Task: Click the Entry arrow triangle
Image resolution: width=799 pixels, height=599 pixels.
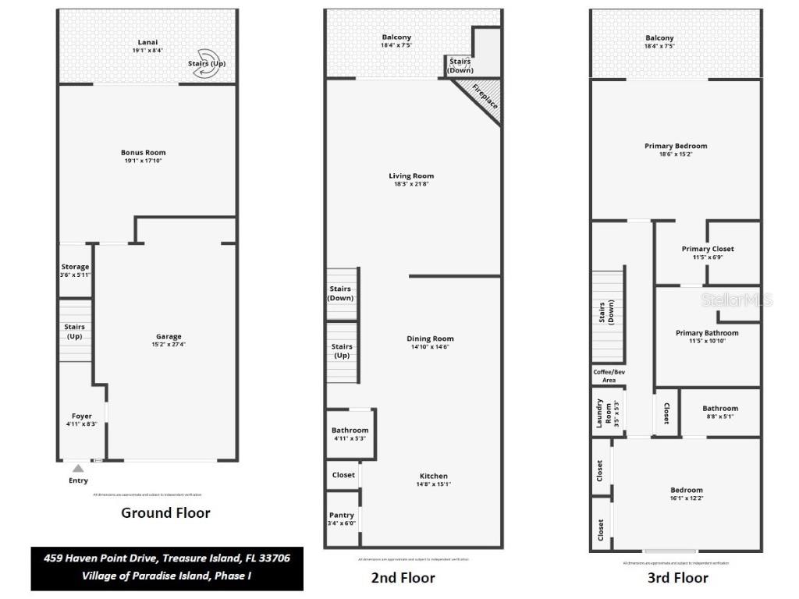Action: point(78,469)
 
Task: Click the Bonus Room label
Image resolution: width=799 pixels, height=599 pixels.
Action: point(143,153)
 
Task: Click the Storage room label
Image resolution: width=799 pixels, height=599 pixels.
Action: point(76,267)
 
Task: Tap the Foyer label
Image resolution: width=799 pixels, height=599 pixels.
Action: point(81,416)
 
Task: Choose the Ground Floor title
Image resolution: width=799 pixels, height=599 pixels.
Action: point(165,513)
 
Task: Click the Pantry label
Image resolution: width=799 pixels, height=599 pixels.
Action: point(342,515)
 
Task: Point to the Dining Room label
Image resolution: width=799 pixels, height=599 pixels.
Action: point(430,338)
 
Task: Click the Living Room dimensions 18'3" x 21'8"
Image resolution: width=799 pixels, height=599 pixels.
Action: point(411,184)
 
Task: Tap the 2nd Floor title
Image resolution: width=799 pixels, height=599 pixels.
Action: point(403,578)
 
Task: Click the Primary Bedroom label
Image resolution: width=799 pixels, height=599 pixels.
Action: point(676,146)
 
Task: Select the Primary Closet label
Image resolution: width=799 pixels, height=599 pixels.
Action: point(708,249)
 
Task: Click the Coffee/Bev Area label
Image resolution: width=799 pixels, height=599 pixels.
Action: point(609,376)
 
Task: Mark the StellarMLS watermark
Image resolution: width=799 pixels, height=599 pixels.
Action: point(737,299)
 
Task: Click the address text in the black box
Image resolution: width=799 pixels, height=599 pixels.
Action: point(167,558)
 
